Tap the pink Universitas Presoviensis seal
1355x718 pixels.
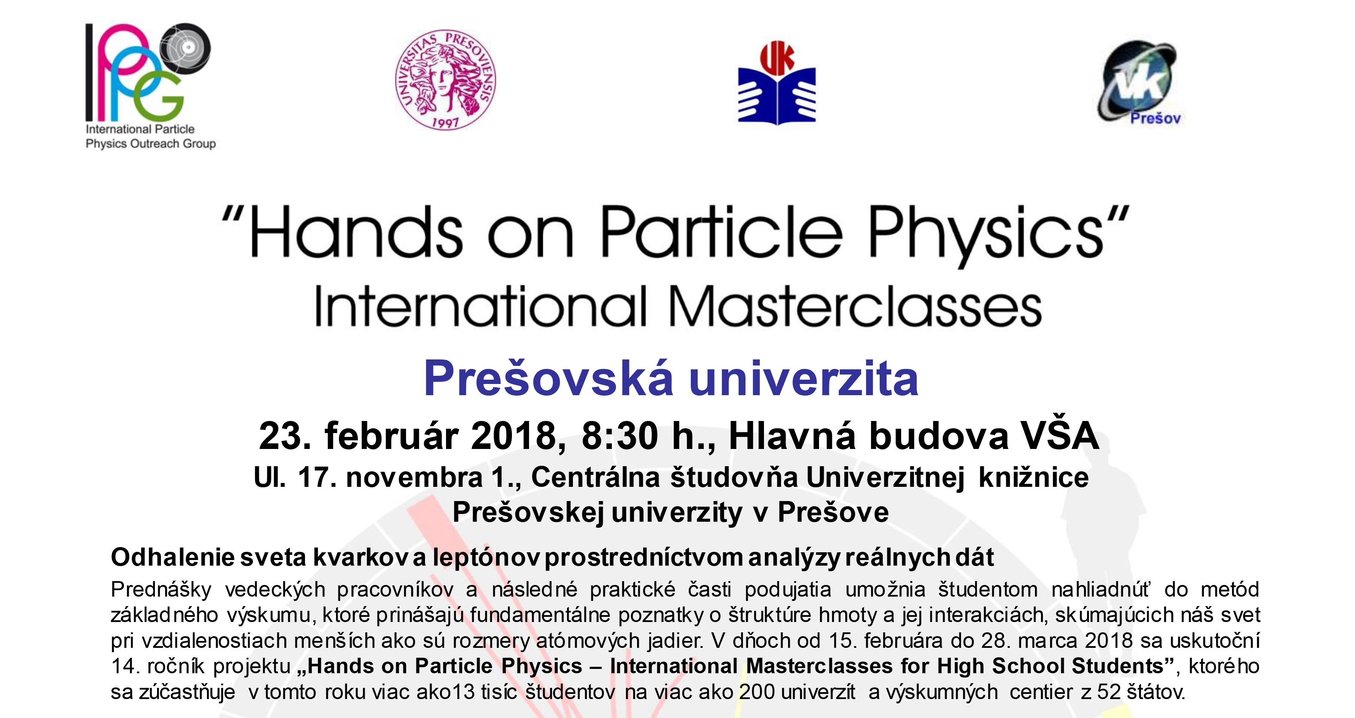(x=446, y=80)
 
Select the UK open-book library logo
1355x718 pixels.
(x=777, y=83)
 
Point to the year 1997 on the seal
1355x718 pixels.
(x=445, y=123)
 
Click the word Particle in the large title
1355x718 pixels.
(x=722, y=232)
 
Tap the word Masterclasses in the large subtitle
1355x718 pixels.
(x=855, y=307)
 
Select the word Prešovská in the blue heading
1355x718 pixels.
(x=548, y=378)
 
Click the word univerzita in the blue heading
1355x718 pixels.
(x=803, y=378)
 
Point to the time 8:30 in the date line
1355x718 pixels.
(x=619, y=436)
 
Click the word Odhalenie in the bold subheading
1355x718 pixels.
(x=172, y=557)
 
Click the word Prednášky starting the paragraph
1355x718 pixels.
(x=161, y=590)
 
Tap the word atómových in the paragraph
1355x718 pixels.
(x=588, y=641)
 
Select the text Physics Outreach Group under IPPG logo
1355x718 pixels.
(x=151, y=144)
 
